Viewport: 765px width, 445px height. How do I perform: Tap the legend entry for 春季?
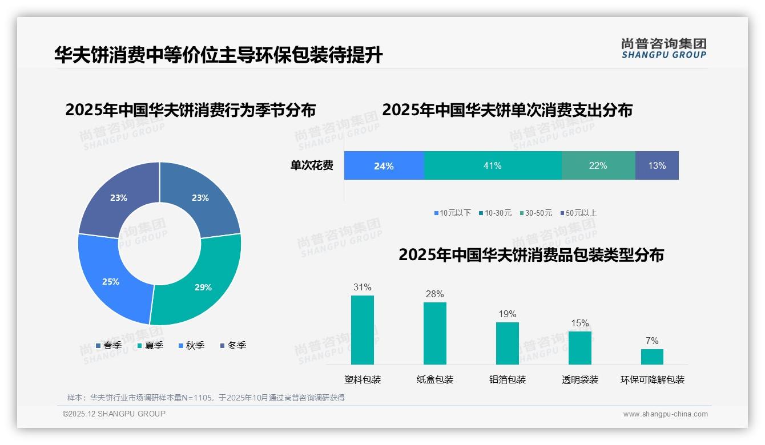click(108, 345)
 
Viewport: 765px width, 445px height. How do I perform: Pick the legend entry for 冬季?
click(233, 345)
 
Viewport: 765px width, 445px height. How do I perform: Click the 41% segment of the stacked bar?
click(493, 165)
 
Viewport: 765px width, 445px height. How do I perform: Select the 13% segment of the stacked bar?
click(657, 165)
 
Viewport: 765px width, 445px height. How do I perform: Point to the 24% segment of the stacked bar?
click(384, 165)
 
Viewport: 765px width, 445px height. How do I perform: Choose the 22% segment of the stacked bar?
click(598, 165)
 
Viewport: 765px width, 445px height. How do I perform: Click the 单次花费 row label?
click(312, 166)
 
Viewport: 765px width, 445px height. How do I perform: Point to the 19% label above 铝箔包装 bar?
click(507, 314)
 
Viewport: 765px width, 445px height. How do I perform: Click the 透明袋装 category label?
click(580, 379)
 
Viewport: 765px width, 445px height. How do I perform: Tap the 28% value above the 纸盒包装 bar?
click(434, 294)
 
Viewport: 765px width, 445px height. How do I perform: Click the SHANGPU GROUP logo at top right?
click(663, 48)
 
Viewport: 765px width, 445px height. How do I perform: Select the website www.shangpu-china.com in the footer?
click(665, 414)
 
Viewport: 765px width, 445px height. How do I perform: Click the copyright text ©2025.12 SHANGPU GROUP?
click(114, 414)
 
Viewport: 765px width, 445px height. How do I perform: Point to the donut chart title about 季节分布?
click(190, 110)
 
